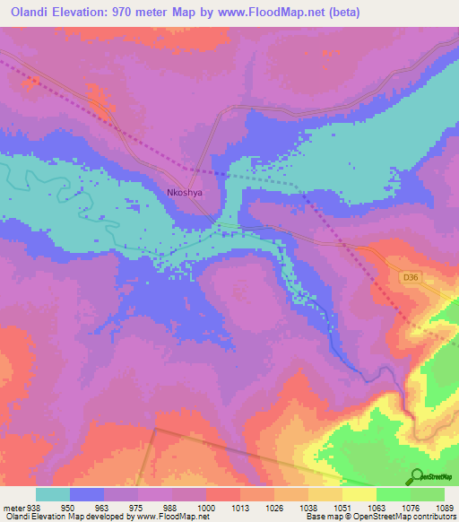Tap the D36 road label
(411, 278)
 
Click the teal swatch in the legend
(53, 494)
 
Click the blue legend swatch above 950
(87, 494)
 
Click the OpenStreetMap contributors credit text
(391, 518)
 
